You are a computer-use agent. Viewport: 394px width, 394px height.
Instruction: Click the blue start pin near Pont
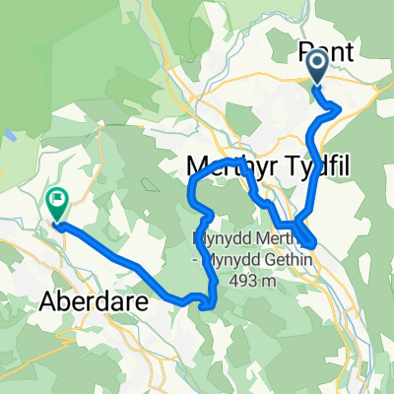coord(318,66)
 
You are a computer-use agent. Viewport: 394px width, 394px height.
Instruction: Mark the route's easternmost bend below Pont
coord(340,106)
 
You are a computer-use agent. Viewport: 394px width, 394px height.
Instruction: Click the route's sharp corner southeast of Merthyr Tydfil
coord(312,241)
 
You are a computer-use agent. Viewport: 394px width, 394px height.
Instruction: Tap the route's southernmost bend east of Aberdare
coord(207,307)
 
